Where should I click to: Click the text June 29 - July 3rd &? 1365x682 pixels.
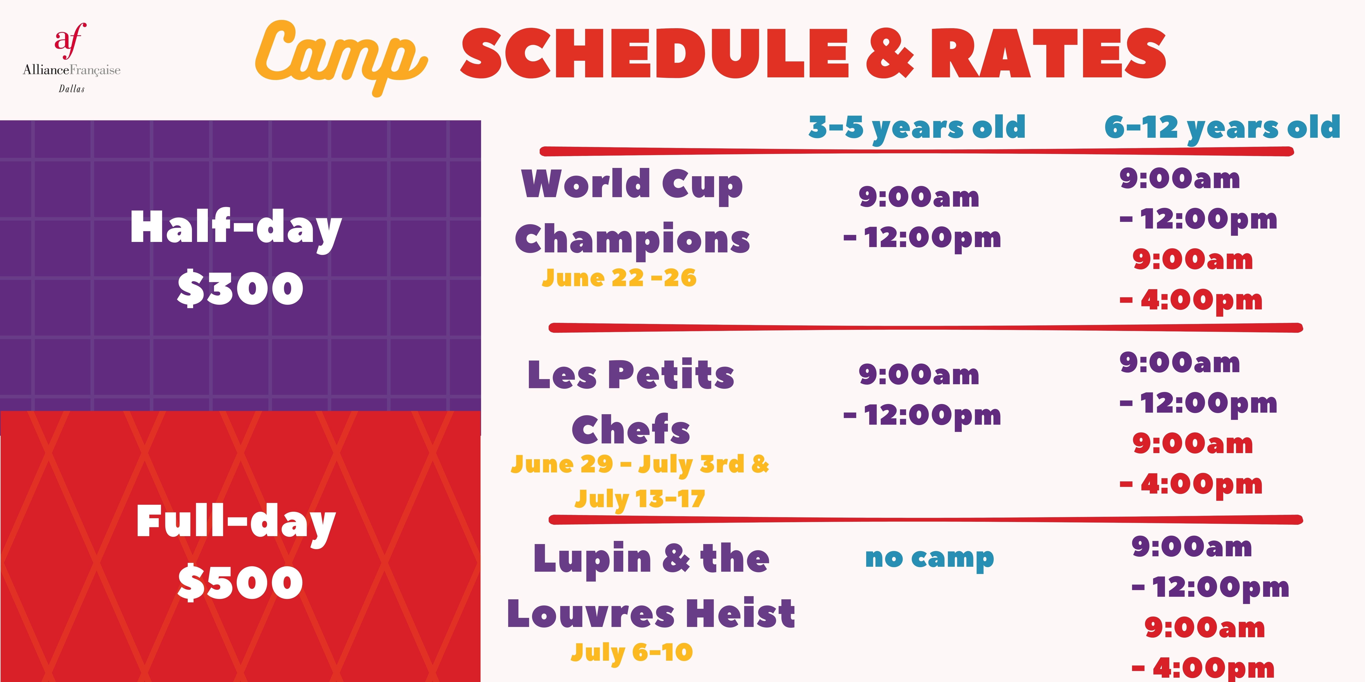(640, 464)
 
